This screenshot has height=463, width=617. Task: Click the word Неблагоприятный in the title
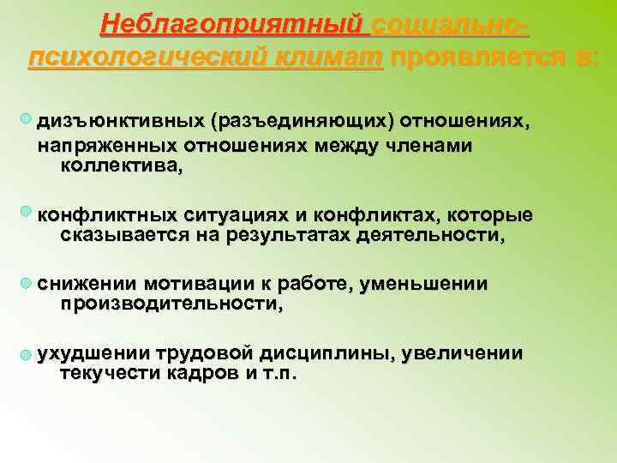[x=234, y=23]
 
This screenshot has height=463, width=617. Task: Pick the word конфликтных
[x=107, y=213]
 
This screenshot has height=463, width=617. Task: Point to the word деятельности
[x=430, y=235]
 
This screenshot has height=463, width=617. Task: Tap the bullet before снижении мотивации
[x=28, y=283]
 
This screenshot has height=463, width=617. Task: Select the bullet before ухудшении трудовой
[x=28, y=354]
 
